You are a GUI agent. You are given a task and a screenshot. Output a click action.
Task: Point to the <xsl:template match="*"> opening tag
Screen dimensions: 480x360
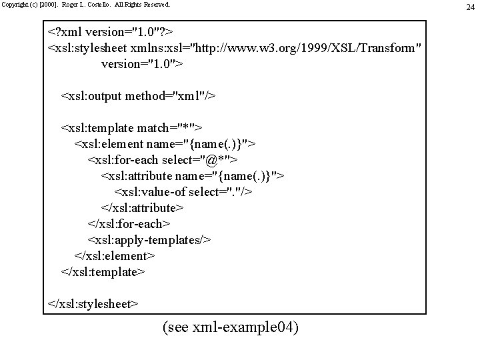(132, 128)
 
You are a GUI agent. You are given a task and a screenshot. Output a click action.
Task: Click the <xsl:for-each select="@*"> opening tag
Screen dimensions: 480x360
(163, 160)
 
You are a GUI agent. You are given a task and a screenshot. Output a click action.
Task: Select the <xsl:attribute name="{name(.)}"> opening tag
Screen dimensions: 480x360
(193, 176)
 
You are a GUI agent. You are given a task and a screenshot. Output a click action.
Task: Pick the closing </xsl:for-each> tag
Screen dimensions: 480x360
(129, 224)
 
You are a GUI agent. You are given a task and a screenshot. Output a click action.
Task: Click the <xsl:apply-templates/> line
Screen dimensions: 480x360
(149, 240)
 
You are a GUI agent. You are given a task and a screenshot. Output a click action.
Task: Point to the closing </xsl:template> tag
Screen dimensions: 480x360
(103, 272)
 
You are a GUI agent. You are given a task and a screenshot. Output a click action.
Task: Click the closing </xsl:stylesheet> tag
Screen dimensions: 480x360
(93, 304)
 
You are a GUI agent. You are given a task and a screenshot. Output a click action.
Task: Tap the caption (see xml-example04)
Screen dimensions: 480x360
(231, 328)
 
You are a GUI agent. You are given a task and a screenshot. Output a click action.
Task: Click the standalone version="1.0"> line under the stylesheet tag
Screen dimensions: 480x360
(142, 65)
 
